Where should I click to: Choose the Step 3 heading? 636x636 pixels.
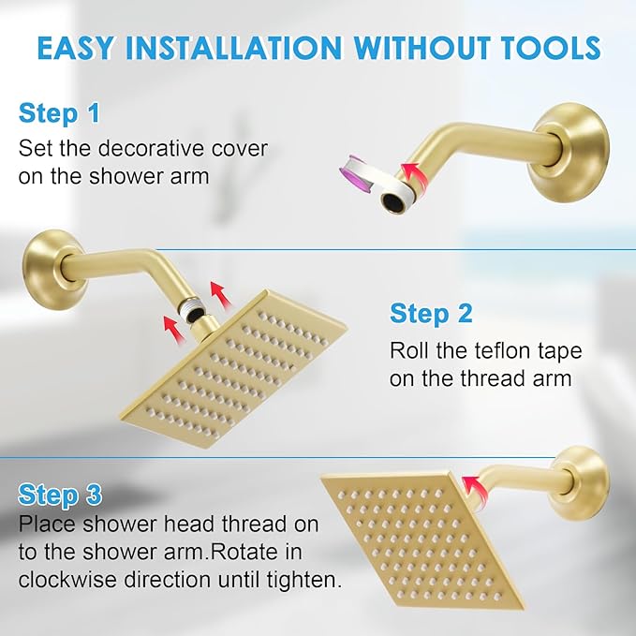pyautogui.click(x=59, y=494)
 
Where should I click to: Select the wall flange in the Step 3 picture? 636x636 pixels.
pyautogui.click(x=578, y=481)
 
